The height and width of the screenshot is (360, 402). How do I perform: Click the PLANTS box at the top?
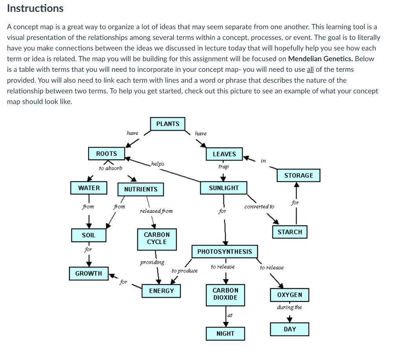(x=168, y=124)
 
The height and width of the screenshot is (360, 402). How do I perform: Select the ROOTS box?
(x=106, y=154)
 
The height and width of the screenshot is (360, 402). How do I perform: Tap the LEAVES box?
(x=224, y=154)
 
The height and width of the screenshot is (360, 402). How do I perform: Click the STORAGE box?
(x=298, y=175)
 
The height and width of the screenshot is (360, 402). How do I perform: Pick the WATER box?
(x=89, y=188)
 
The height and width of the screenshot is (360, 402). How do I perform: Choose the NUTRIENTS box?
(x=141, y=189)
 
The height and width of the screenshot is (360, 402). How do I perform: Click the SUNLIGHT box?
(x=224, y=188)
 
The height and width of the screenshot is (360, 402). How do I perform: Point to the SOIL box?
(x=88, y=235)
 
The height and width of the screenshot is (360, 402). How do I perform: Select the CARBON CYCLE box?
(x=157, y=238)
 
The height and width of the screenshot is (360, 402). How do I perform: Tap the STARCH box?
(x=290, y=232)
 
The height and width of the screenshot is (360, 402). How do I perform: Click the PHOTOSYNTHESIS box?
(x=225, y=252)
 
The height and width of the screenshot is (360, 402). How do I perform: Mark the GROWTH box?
(x=88, y=273)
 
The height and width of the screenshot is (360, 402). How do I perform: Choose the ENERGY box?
(x=161, y=291)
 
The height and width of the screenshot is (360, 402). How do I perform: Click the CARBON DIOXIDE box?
(x=225, y=294)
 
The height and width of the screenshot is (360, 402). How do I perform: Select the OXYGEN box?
(x=290, y=295)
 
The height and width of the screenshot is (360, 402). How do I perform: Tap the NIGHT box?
(x=225, y=333)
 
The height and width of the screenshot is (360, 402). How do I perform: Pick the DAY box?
(x=290, y=329)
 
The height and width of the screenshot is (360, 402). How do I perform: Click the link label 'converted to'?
(x=259, y=206)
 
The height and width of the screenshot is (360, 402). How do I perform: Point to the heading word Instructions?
(x=35, y=8)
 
